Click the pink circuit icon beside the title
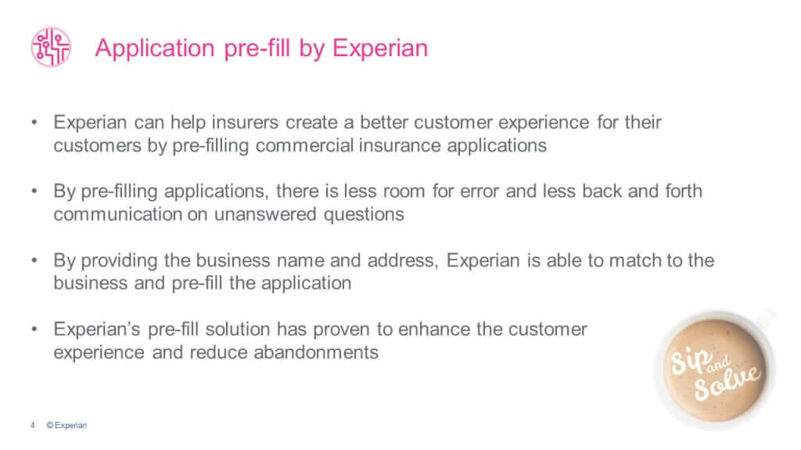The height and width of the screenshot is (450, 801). pyautogui.click(x=51, y=47)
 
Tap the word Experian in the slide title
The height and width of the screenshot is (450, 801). pyautogui.click(x=380, y=48)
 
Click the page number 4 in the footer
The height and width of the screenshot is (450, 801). pyautogui.click(x=32, y=426)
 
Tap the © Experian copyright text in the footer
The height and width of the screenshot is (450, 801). pyautogui.click(x=66, y=426)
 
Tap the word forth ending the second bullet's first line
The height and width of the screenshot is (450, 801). pyautogui.click(x=683, y=192)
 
